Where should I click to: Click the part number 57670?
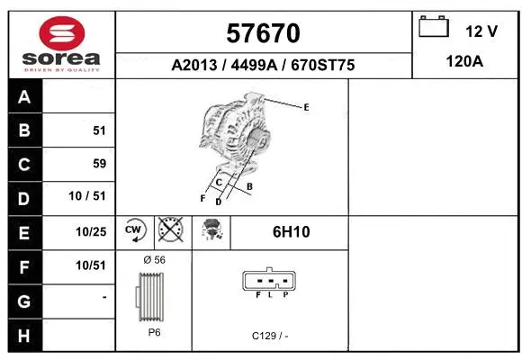pos(263,33)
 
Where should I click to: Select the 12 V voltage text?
pos(481,31)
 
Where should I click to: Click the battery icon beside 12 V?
pos(434,28)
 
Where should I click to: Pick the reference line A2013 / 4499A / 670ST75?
pos(263,66)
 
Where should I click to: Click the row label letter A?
pos(24,97)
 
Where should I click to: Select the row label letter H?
pos(24,335)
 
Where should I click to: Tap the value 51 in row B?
pos(99,130)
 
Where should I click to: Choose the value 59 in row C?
pos(99,164)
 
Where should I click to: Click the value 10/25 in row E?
pos(92,231)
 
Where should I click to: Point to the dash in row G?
pos(104,296)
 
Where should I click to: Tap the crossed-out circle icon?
pos(169,230)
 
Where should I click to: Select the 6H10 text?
pos(291,231)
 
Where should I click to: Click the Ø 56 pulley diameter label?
pos(154,260)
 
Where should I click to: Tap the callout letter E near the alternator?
pos(306,107)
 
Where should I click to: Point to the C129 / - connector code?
pos(270,336)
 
